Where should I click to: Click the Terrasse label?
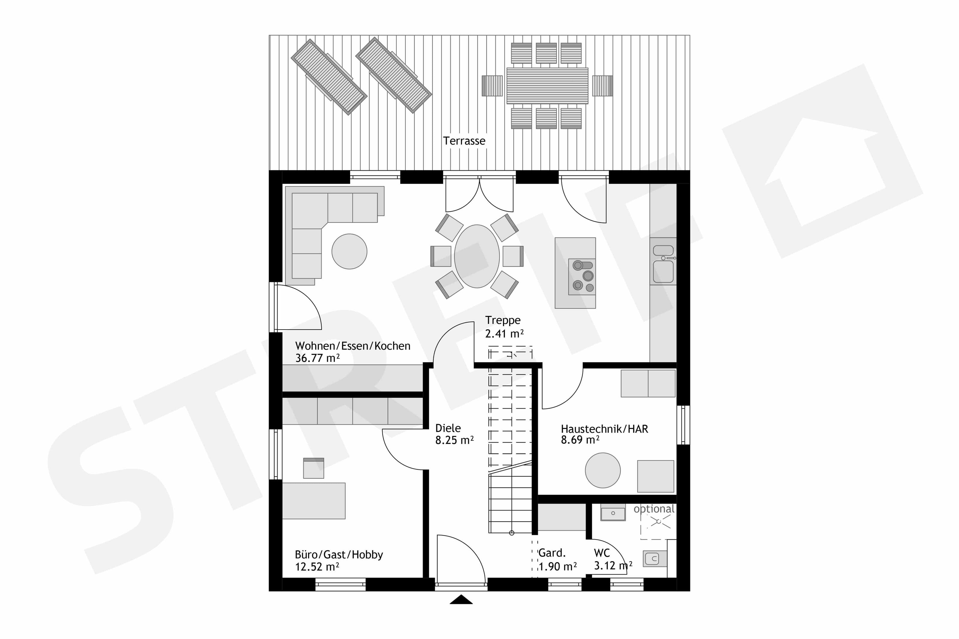(464, 141)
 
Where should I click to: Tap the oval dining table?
(477, 256)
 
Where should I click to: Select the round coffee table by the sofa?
(349, 251)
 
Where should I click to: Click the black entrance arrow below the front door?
(461, 599)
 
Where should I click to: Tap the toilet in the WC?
(655, 559)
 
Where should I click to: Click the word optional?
(654, 509)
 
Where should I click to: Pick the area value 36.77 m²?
(317, 358)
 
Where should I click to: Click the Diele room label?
(448, 428)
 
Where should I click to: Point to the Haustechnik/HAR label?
(604, 429)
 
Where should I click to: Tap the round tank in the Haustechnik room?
(603, 470)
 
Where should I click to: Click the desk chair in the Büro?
(313, 468)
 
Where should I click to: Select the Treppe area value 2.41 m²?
(504, 334)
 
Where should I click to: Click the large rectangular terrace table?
(547, 86)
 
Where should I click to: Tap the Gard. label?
(552, 553)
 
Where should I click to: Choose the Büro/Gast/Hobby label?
(339, 555)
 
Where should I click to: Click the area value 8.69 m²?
(580, 440)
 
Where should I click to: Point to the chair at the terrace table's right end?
(602, 86)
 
